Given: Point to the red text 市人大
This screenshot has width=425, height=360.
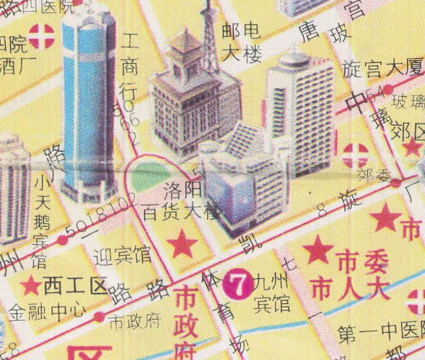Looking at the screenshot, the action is (351, 290).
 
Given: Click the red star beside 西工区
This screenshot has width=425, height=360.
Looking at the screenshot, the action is (31, 285).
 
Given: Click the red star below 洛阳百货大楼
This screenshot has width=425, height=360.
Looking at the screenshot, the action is (183, 244).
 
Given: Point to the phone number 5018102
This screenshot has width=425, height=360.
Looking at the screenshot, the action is (98, 221).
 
